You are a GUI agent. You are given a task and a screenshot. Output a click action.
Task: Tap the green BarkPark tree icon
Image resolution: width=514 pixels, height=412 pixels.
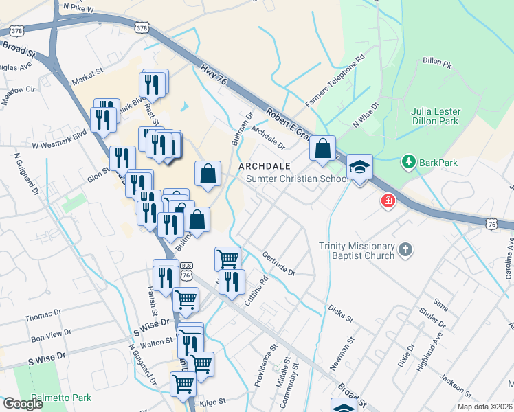click(x=408, y=161)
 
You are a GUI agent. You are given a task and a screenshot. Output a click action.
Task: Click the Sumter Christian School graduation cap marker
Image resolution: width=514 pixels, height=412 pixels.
click(x=359, y=168)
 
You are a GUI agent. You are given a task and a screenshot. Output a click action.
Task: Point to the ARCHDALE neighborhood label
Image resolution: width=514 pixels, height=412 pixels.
click(x=265, y=166)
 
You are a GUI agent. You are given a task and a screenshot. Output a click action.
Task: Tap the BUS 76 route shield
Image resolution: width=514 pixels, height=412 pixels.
click(x=186, y=271)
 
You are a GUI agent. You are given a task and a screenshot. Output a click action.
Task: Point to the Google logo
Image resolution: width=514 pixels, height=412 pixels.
click(x=23, y=404)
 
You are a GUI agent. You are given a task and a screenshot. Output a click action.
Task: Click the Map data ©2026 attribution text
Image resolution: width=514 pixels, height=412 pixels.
click(x=484, y=407)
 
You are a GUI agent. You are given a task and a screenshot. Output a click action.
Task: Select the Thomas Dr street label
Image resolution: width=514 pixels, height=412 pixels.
click(x=43, y=317)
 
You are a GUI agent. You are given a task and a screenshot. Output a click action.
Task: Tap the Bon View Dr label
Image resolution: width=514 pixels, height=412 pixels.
click(x=52, y=336)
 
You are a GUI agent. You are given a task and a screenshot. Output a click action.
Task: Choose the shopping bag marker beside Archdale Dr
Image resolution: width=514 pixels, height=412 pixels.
click(x=322, y=148)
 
